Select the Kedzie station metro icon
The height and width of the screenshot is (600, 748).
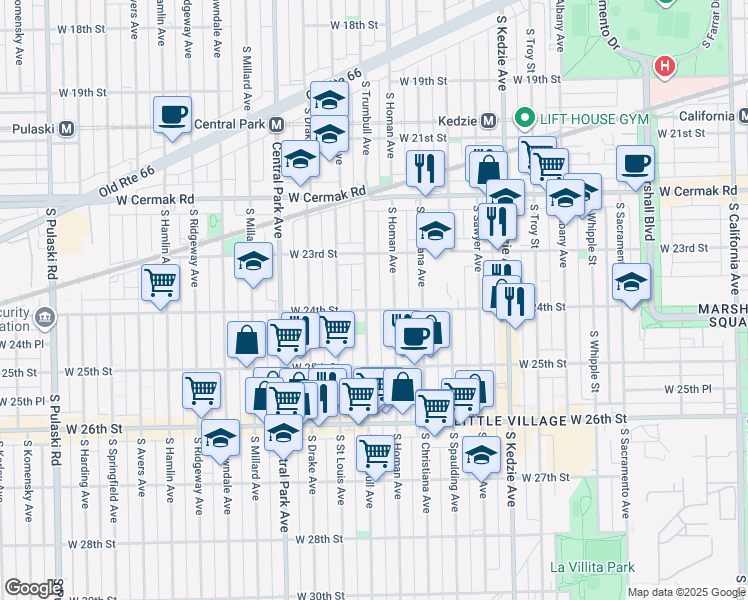click(x=489, y=120)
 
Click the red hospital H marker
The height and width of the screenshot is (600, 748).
click(x=662, y=67)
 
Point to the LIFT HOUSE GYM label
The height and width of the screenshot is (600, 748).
click(x=575, y=118)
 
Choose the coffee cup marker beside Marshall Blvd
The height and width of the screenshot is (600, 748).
click(x=635, y=163)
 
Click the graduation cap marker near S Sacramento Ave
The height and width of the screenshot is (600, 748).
click(x=631, y=283)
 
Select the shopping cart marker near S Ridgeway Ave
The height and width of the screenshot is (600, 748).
click(x=160, y=283)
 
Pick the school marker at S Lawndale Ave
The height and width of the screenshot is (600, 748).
click(x=220, y=436)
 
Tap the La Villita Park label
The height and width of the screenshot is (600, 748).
click(x=592, y=567)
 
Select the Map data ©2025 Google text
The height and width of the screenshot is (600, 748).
click(x=686, y=592)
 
